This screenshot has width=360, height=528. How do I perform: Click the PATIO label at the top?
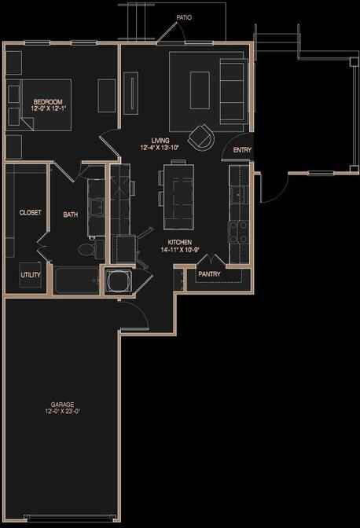click(184, 16)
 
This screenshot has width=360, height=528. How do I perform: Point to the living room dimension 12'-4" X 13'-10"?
click(160, 147)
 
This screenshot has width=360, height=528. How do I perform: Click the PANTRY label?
click(209, 274)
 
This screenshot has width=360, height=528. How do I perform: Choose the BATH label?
click(70, 213)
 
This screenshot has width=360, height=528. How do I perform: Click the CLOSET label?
click(30, 212)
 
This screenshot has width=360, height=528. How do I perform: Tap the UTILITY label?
click(31, 275)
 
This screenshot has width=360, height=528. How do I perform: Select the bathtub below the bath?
click(76, 280)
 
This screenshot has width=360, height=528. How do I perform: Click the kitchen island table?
click(177, 192)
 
